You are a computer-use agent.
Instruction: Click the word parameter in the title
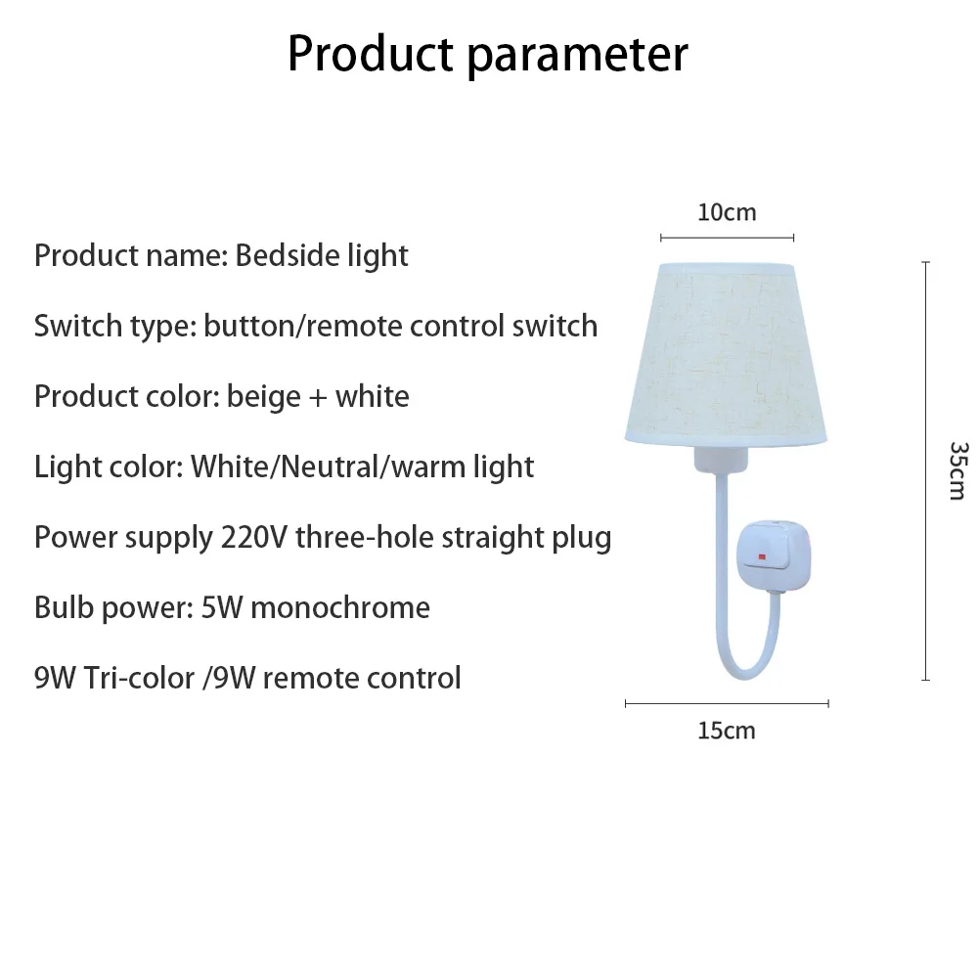point(577,56)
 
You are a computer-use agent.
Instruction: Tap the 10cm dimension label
point(727,212)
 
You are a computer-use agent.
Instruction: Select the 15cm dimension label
point(727,731)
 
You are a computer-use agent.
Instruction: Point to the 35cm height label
point(957,470)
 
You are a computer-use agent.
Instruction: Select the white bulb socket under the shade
point(726,460)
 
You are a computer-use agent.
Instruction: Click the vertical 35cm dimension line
point(925,470)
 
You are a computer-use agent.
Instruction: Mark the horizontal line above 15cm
point(727,702)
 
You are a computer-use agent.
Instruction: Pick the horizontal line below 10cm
point(727,237)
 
